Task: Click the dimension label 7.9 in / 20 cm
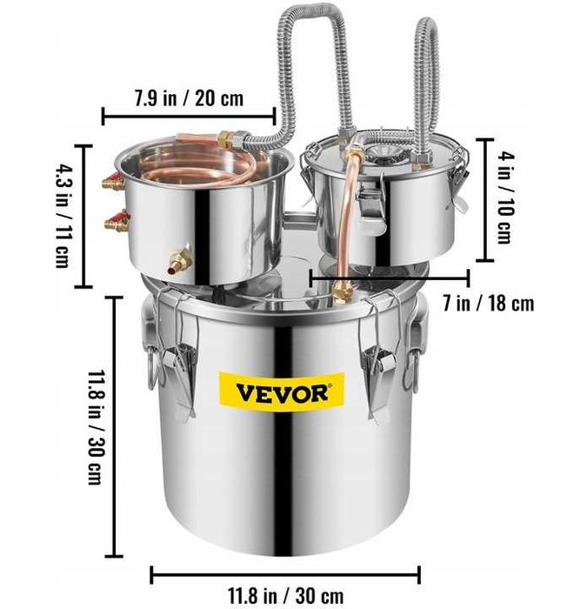[189, 97]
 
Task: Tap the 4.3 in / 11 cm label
[63, 214]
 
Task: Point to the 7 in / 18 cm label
[488, 304]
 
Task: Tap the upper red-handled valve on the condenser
[111, 184]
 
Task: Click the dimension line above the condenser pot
[189, 115]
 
